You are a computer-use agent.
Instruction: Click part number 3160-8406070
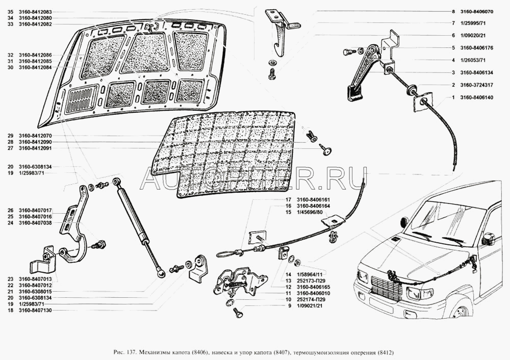(476, 12)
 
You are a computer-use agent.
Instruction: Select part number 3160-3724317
(476, 85)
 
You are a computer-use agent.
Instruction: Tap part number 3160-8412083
(35, 12)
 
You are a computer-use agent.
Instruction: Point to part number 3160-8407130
(35, 311)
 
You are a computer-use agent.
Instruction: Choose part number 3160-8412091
(35, 148)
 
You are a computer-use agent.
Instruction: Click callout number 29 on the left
(11, 136)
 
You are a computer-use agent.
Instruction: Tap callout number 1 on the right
(453, 97)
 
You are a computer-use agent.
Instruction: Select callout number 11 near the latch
(288, 293)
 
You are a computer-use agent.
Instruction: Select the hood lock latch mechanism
(240, 281)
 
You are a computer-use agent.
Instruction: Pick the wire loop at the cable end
(227, 254)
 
